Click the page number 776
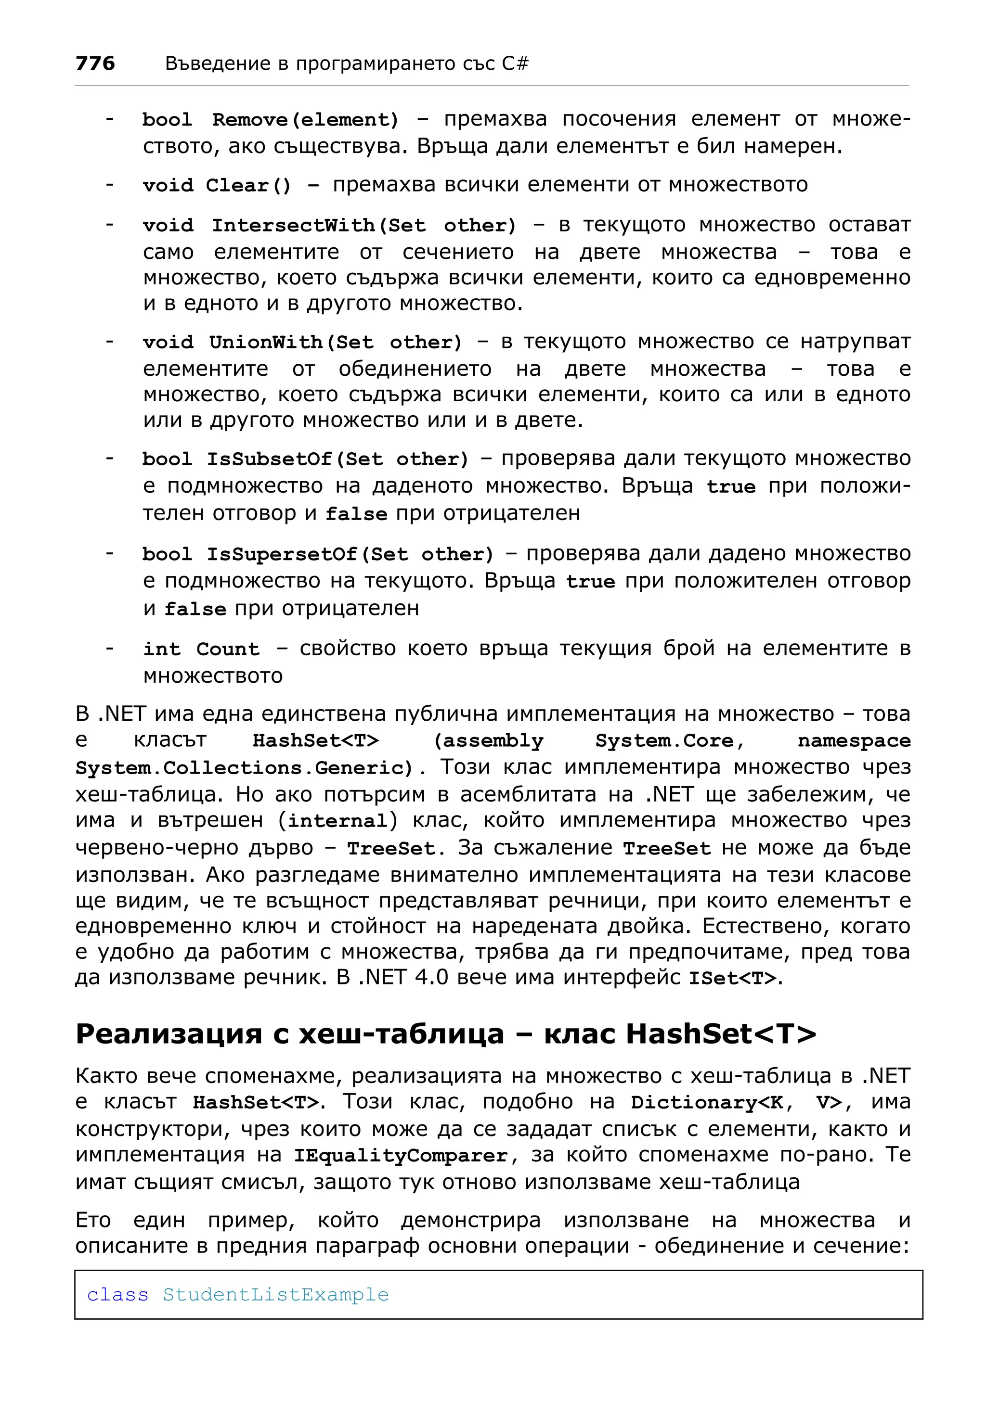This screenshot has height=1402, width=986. (95, 63)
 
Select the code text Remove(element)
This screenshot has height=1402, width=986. (305, 120)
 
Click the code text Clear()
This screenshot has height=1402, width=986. (248, 185)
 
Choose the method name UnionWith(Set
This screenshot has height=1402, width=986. (291, 342)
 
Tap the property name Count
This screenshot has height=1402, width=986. (227, 649)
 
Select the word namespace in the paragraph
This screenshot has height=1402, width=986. (854, 740)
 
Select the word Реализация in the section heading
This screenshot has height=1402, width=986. (169, 1034)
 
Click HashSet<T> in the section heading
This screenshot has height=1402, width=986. (721, 1034)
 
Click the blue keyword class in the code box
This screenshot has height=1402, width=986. (117, 1295)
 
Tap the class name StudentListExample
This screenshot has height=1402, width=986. (275, 1295)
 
